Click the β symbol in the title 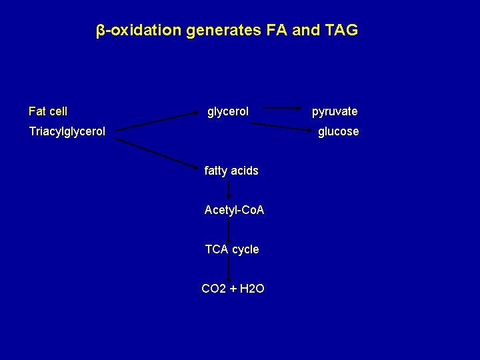point(100,31)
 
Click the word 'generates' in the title point(218,31)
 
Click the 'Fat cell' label point(48,111)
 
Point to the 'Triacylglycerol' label point(67,131)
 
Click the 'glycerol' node point(228,111)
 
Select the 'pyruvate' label point(335,111)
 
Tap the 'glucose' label point(338,131)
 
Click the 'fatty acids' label point(231,171)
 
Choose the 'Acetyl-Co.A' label point(234,210)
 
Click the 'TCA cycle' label point(232,249)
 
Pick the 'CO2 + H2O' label point(233,289)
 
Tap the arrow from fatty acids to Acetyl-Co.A point(229,190)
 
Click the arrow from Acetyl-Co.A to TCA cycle point(229,229)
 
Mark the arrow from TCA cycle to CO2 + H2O point(229,269)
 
